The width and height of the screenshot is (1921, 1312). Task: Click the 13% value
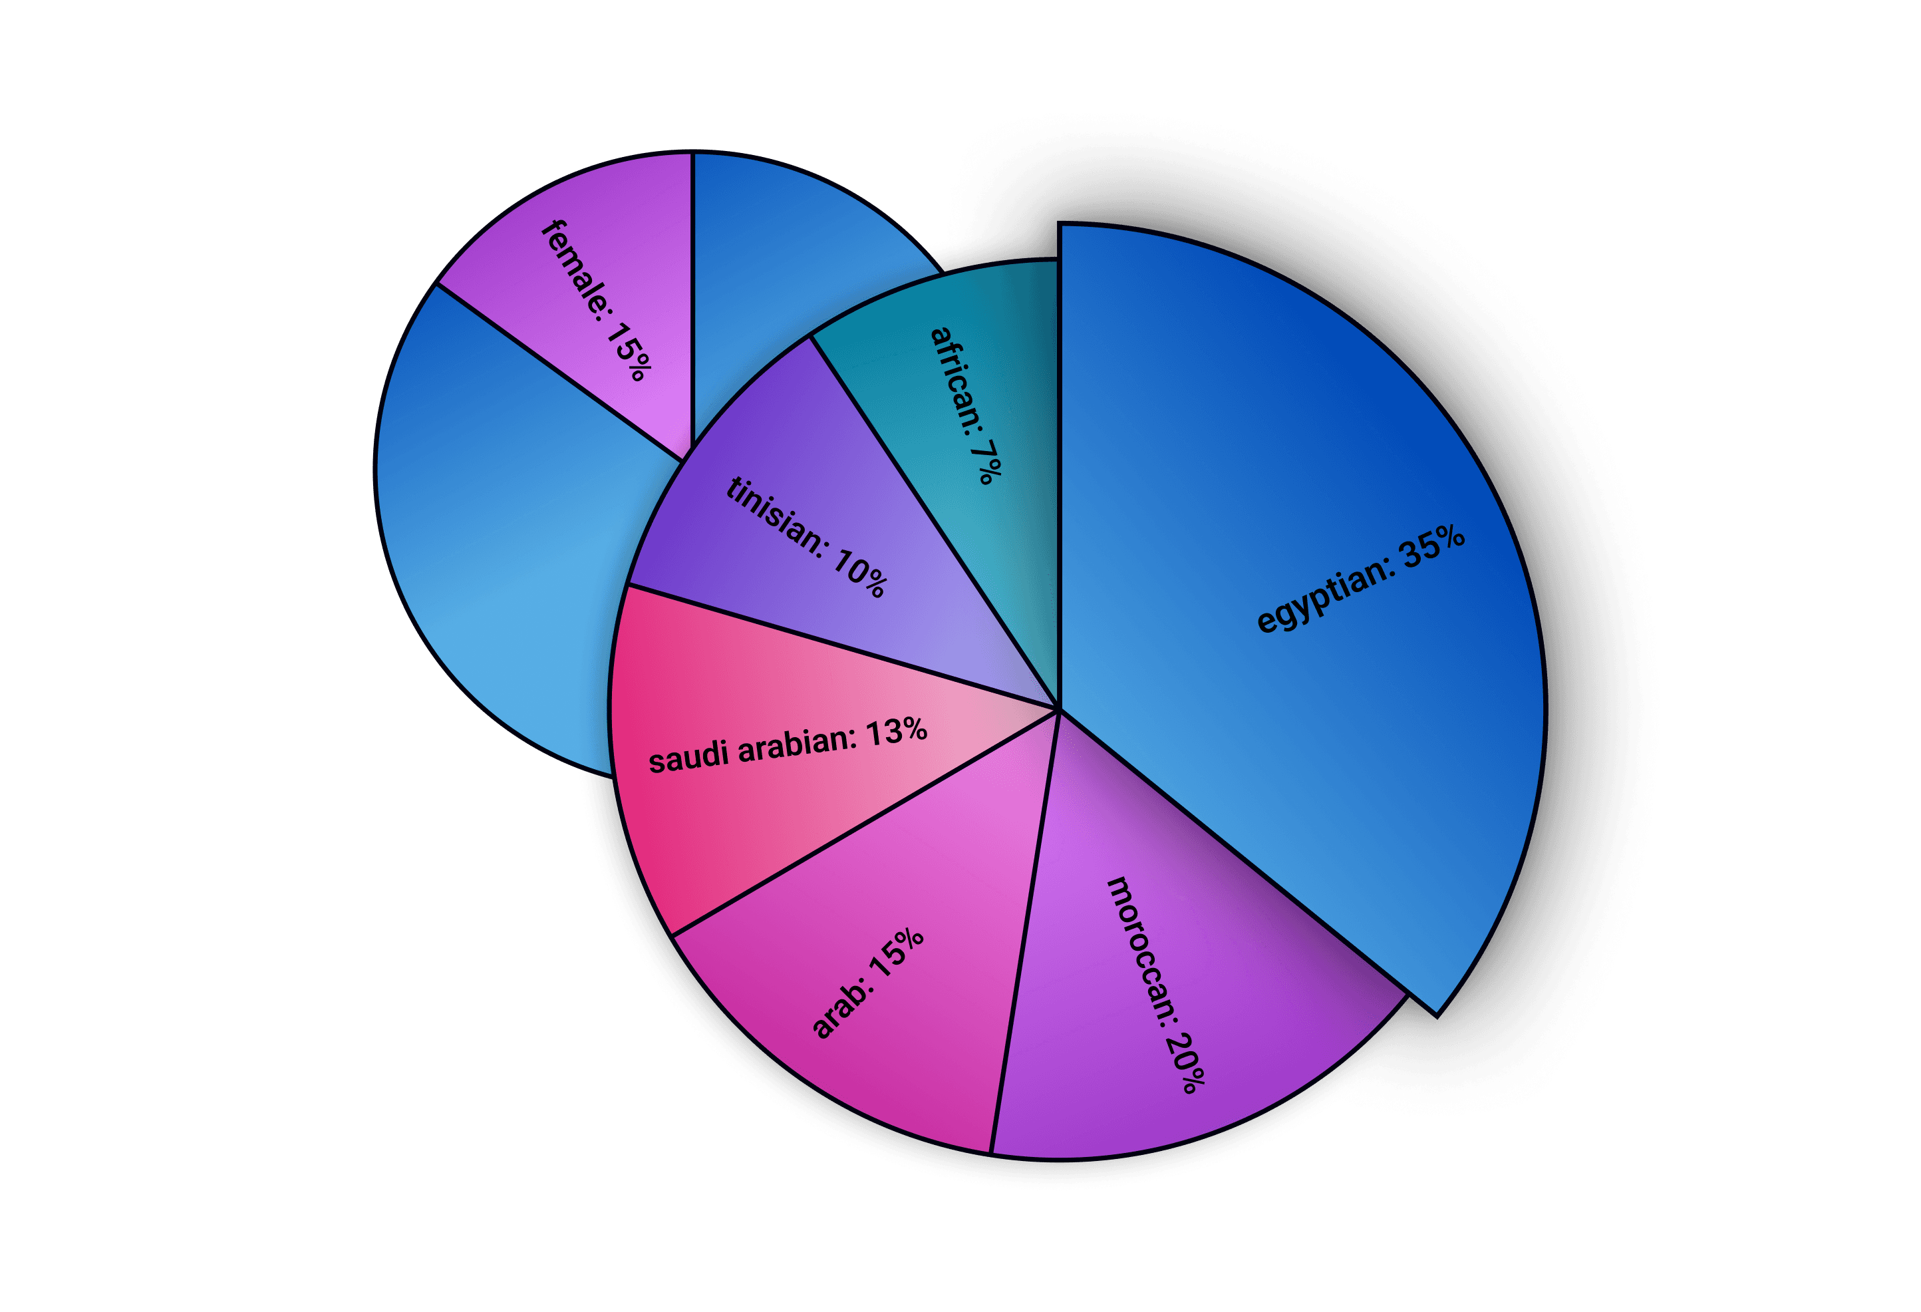click(x=896, y=732)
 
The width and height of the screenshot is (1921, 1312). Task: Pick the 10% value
click(x=859, y=572)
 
